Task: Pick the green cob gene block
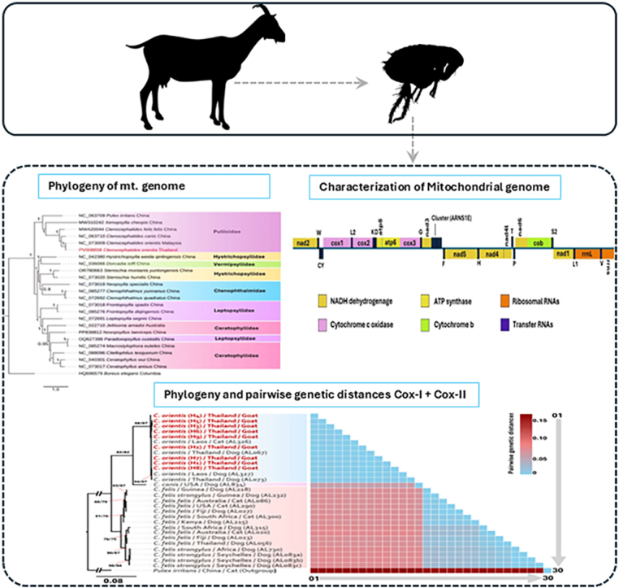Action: (537, 242)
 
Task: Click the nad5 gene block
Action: (459, 255)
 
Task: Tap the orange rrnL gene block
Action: (584, 255)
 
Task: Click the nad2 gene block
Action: (304, 242)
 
